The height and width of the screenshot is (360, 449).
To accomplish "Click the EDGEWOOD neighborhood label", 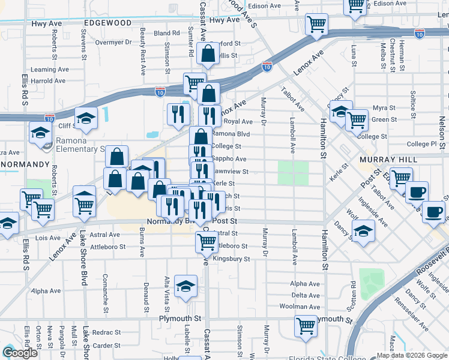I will tap(108, 22).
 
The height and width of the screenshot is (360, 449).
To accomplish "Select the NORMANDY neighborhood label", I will tap(25, 163).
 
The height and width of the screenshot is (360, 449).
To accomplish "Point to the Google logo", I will tap(20, 352).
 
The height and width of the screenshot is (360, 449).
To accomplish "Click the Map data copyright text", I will tap(412, 355).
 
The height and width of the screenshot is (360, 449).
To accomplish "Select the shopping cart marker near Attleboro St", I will tap(206, 241).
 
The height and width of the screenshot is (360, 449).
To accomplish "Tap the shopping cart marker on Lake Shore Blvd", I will tap(85, 204).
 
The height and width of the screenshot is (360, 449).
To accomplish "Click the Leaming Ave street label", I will tap(48, 70).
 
